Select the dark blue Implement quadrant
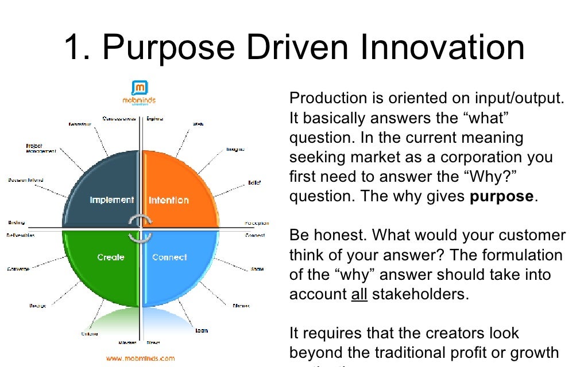(x=103, y=192)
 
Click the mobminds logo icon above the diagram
(x=140, y=88)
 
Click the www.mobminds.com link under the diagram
(x=140, y=358)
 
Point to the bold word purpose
(x=501, y=197)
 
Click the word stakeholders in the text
(x=420, y=294)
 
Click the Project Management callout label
(x=40, y=149)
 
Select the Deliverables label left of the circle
(x=21, y=235)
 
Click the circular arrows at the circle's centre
(x=140, y=228)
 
